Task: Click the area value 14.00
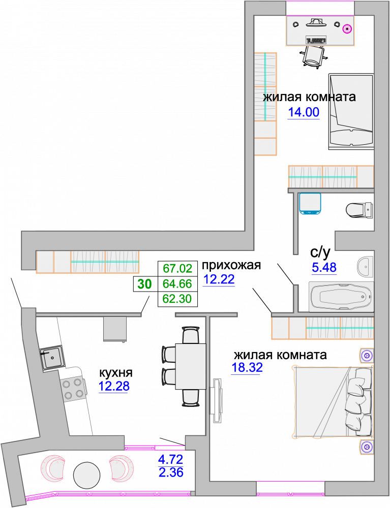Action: (x=304, y=112)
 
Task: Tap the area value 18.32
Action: (x=247, y=368)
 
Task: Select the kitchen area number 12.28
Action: (x=114, y=386)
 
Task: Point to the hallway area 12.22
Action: (x=219, y=279)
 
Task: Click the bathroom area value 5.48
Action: (x=324, y=268)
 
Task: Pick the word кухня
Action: (x=116, y=373)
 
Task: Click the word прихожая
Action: (x=231, y=265)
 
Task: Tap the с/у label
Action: (x=320, y=252)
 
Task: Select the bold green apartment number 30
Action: (x=144, y=284)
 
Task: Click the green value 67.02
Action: (x=177, y=269)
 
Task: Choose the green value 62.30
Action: (x=177, y=299)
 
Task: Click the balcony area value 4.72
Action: (x=170, y=459)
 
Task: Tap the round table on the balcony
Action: (x=86, y=475)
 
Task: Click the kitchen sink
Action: (x=52, y=357)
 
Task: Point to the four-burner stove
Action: (x=72, y=389)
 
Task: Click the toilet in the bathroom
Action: (x=359, y=210)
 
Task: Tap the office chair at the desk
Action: (x=314, y=56)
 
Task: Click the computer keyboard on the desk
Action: (x=316, y=40)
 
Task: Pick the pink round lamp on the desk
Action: (x=347, y=29)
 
